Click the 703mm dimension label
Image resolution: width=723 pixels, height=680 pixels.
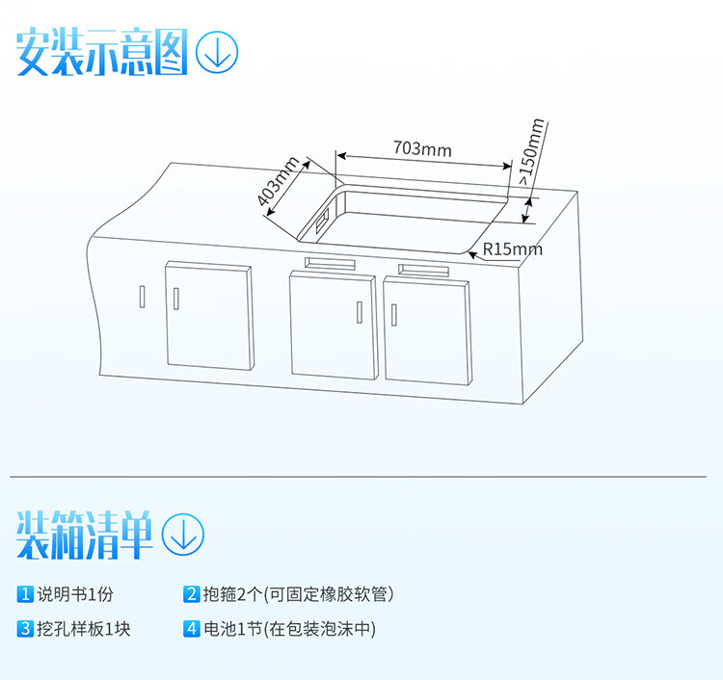click(x=422, y=149)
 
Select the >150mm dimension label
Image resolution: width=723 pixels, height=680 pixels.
click(x=532, y=151)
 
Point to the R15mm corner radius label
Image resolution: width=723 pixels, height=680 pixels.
click(x=512, y=249)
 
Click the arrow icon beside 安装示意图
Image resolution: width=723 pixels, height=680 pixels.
click(x=216, y=51)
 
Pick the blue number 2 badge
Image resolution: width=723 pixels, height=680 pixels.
click(x=192, y=594)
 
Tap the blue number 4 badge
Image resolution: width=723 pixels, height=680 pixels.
click(x=192, y=630)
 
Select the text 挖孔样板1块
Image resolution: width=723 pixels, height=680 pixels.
click(x=84, y=630)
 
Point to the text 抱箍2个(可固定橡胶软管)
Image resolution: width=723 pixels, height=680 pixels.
click(x=297, y=594)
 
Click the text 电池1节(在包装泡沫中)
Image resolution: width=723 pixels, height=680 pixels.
click(x=289, y=630)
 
